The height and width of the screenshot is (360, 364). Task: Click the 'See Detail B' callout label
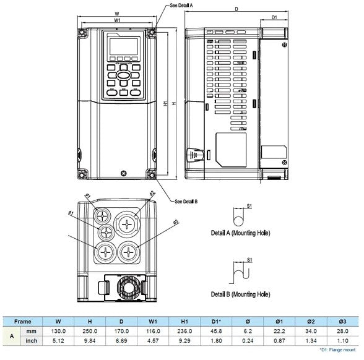(x=186, y=201)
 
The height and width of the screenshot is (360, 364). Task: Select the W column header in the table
(x=58, y=322)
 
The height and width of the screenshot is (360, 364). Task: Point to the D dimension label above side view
(x=236, y=9)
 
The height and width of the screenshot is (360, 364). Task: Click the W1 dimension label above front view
(x=117, y=20)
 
